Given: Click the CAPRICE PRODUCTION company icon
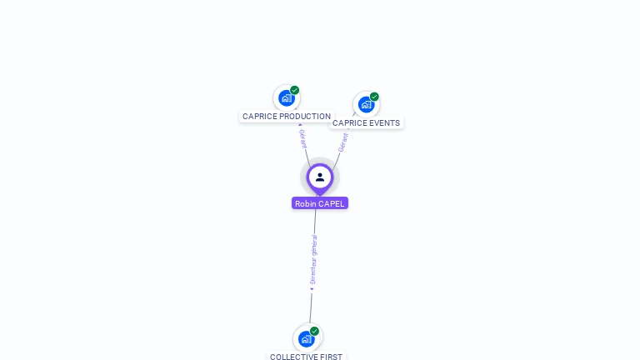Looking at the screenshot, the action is click(x=287, y=98).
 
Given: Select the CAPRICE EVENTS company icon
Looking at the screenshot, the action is click(x=366, y=105).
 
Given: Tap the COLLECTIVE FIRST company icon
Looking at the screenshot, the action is click(x=307, y=338).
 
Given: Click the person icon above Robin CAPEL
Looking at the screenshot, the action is click(x=320, y=177).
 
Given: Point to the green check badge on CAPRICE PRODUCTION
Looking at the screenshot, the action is click(x=295, y=90).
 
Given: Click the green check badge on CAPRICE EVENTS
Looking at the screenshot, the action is click(x=374, y=97).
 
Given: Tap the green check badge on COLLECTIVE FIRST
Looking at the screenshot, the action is click(x=314, y=331).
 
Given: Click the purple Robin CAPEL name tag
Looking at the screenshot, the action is click(x=320, y=203).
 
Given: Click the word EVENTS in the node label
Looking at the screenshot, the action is click(x=384, y=123).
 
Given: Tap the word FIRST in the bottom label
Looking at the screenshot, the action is click(x=332, y=357).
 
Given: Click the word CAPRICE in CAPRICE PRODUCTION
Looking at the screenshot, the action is click(x=260, y=117).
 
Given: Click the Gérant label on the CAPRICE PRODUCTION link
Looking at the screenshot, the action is click(x=303, y=138).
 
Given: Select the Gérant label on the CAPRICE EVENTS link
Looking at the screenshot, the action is click(x=342, y=142).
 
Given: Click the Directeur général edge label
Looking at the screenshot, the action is click(x=313, y=259).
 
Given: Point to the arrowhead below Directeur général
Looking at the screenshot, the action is click(x=312, y=289).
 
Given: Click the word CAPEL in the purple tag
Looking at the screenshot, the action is click(x=331, y=203).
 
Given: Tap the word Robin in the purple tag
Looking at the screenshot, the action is click(x=305, y=203).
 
